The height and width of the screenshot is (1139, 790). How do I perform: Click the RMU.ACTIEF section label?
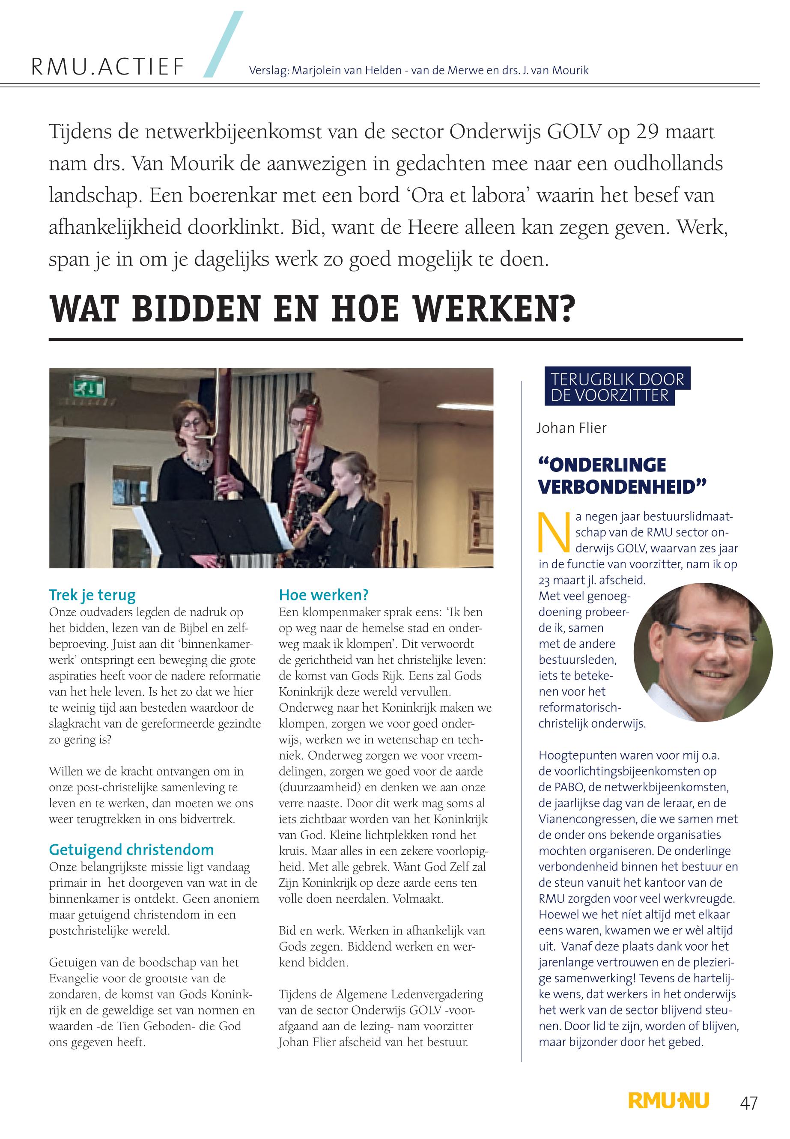[108, 67]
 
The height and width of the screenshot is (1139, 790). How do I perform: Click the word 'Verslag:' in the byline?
[268, 70]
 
